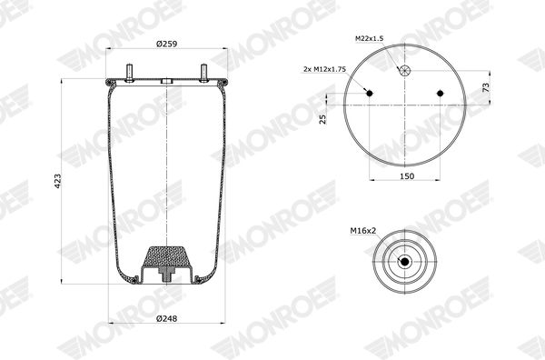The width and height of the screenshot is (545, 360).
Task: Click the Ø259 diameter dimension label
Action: click(166, 44)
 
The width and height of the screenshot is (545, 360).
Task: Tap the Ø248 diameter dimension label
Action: click(166, 318)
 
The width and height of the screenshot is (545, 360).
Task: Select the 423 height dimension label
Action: click(58, 181)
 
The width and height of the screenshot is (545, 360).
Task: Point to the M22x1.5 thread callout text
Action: click(369, 38)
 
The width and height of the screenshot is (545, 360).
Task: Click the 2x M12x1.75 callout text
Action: click(324, 69)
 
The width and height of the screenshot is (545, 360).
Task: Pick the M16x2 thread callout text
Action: click(362, 230)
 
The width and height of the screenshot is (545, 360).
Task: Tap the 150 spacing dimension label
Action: click(407, 176)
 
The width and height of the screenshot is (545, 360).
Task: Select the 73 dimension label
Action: click(486, 87)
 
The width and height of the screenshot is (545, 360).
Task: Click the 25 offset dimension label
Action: click(322, 119)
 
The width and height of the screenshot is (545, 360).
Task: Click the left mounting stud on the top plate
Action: click(129, 73)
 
